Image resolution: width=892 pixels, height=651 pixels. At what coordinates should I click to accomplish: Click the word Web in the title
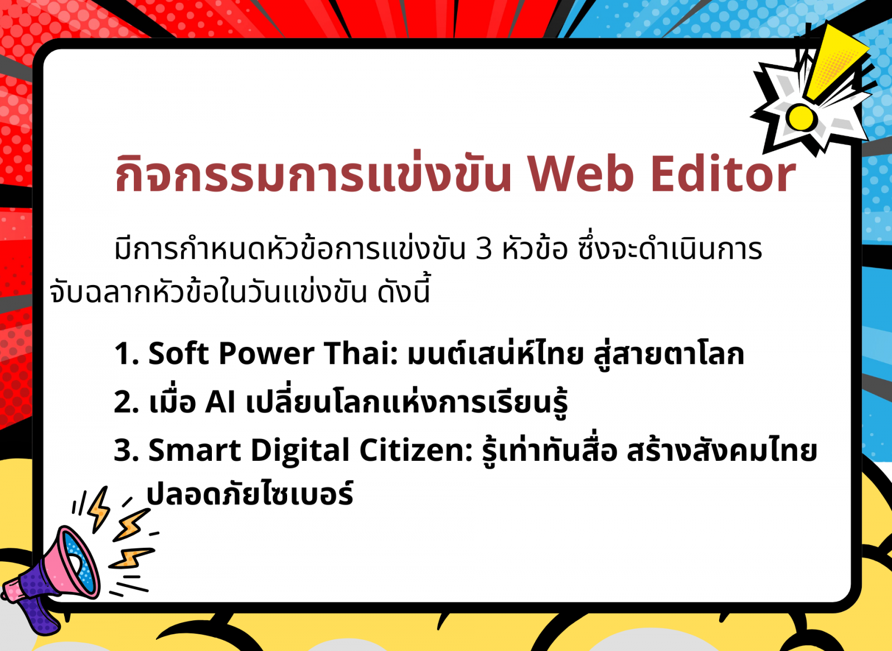(581, 175)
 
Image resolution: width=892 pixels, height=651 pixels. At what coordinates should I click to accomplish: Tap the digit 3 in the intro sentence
(484, 249)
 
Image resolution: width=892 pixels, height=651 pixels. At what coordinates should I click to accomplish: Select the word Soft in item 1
(178, 353)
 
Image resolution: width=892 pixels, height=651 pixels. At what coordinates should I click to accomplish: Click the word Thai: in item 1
(361, 353)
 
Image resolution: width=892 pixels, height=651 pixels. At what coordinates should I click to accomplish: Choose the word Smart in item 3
(195, 451)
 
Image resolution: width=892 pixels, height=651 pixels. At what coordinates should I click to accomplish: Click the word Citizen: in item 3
(416, 450)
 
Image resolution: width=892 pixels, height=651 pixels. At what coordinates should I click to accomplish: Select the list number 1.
(126, 353)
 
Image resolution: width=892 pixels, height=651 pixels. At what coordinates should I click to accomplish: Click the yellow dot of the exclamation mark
(801, 117)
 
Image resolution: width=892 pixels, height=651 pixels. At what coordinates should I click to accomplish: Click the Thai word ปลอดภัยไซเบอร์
(250, 494)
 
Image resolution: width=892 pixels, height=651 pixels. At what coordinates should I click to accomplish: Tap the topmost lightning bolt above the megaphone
(99, 509)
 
